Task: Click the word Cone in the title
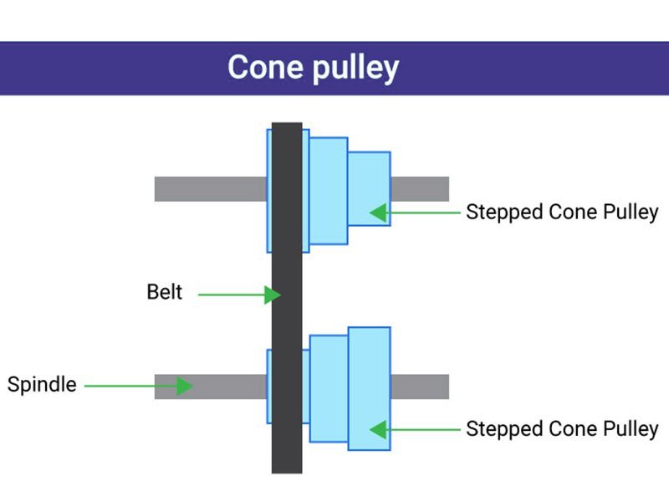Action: (266, 67)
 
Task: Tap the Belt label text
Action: (164, 293)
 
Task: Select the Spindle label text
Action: (42, 385)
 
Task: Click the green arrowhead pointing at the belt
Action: (272, 295)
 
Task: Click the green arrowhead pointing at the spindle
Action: (185, 386)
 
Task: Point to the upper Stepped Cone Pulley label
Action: (562, 212)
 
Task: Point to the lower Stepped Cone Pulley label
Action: (562, 428)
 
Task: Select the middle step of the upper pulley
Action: (328, 191)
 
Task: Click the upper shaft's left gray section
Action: (209, 189)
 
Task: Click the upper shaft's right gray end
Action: (420, 189)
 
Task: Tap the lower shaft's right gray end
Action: (420, 387)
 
